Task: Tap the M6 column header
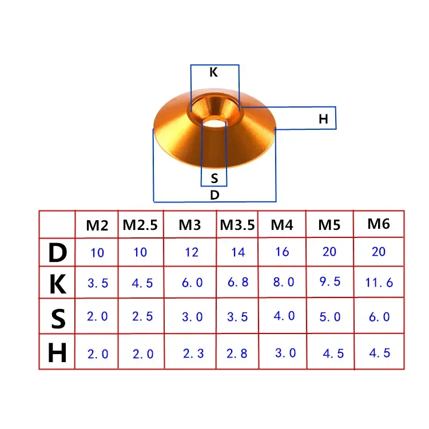click(379, 224)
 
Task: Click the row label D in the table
click(57, 252)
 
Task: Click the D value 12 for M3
click(192, 252)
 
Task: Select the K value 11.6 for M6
click(379, 283)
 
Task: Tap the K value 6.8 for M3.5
click(237, 283)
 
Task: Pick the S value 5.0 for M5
click(329, 317)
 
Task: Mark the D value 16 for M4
click(282, 252)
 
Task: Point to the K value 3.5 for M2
click(97, 283)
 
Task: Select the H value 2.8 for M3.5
click(236, 353)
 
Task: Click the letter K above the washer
click(213, 73)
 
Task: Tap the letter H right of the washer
click(323, 120)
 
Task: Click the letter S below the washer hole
click(214, 178)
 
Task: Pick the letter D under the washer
click(214, 194)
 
